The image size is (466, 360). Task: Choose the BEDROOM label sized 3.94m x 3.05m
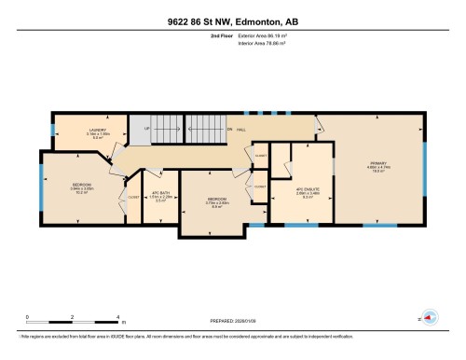tap(81, 185)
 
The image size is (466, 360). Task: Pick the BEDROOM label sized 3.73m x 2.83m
tap(215, 200)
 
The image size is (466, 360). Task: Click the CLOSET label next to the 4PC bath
tap(133, 198)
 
